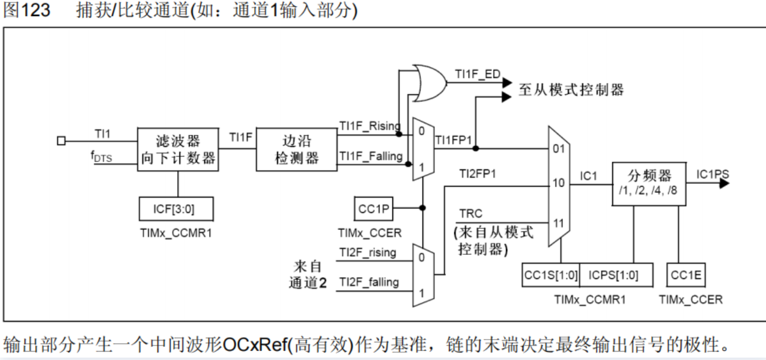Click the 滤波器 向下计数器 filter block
click(178, 150)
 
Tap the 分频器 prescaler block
click(648, 183)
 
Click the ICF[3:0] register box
click(174, 209)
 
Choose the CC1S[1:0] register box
click(551, 275)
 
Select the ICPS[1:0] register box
click(613, 275)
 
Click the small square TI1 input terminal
click(61, 141)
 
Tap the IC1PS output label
click(713, 174)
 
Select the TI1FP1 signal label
click(454, 139)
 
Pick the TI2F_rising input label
click(367, 252)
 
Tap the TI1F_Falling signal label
click(370, 156)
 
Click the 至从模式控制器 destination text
click(571, 90)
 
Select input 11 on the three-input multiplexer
click(559, 223)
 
